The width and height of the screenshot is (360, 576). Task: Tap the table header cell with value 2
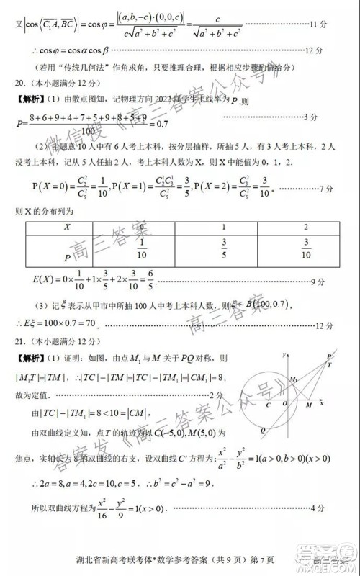[x=306, y=227]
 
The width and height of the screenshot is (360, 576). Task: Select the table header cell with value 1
[x=224, y=227]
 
